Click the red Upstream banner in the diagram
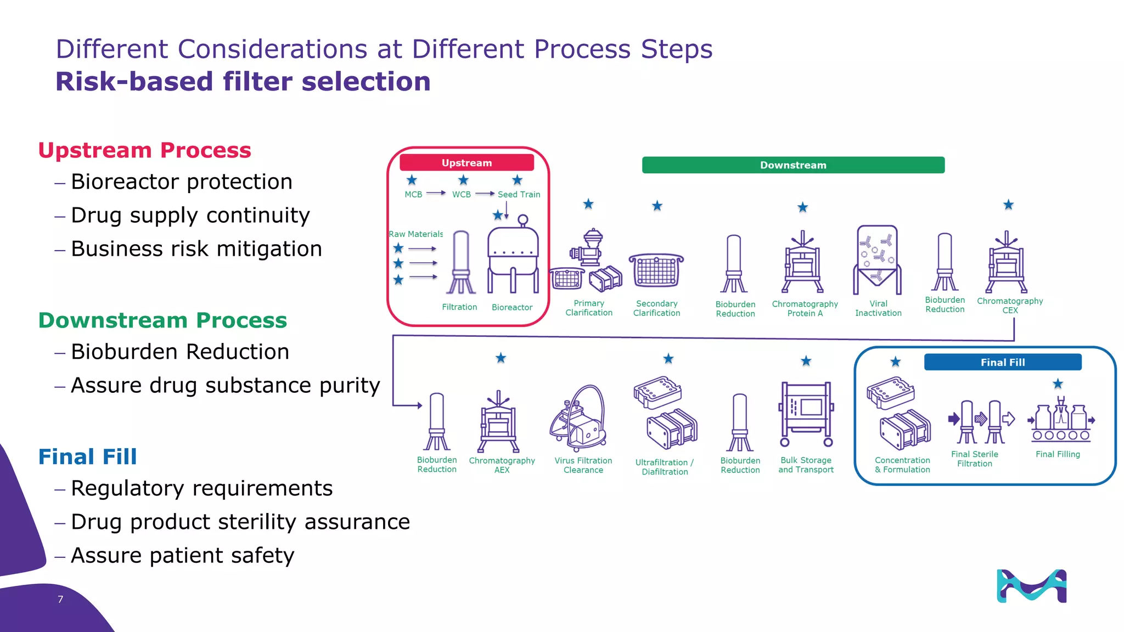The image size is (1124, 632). pos(467,162)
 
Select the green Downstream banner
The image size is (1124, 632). pos(793,165)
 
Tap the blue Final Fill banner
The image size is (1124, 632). pos(1003,362)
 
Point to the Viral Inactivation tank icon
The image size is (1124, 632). pos(877,259)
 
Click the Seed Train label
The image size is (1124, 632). pos(519,194)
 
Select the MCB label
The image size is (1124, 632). pos(413,194)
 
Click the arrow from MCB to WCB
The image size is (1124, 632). pos(436,193)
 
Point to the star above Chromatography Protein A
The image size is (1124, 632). pos(802,207)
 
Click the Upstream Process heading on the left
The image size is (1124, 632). pos(144,150)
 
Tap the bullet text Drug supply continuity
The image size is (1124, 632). pos(190,215)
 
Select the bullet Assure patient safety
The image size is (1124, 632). pos(182,555)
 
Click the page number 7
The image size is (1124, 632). pos(60,599)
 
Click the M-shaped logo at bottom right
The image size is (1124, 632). pos(1031,586)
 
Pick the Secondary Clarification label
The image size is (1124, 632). pos(656,308)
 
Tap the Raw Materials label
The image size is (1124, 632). pos(415,234)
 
